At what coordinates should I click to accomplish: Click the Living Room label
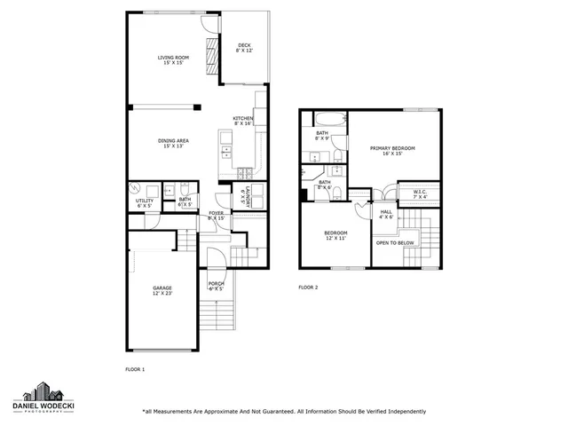tap(173, 60)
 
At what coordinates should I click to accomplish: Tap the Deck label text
tap(244, 48)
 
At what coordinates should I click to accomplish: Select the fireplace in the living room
tap(211, 60)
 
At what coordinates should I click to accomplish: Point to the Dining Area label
tap(173, 142)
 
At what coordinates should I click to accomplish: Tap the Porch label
tap(216, 284)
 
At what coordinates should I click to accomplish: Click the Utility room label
tap(145, 201)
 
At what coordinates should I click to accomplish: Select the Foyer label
tap(216, 215)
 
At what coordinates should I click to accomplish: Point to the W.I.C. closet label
tap(420, 193)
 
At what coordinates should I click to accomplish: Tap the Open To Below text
tap(395, 242)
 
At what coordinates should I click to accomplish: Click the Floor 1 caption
tap(134, 367)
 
